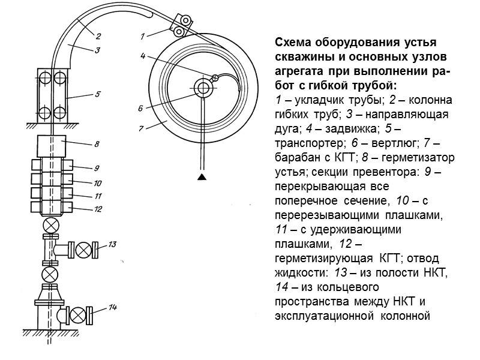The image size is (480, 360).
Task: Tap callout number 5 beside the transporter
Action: [x=98, y=94]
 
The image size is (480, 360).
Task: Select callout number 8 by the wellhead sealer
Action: [x=97, y=144]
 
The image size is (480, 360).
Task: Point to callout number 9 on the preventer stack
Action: [x=96, y=167]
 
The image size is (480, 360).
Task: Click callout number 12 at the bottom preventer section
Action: [x=97, y=209]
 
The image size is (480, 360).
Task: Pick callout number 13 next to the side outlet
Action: [x=112, y=244]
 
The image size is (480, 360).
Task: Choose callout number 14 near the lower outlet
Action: [x=112, y=308]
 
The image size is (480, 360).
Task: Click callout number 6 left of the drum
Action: [x=140, y=109]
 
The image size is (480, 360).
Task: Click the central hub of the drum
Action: [x=202, y=88]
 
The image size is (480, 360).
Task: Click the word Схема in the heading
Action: [x=293, y=44]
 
